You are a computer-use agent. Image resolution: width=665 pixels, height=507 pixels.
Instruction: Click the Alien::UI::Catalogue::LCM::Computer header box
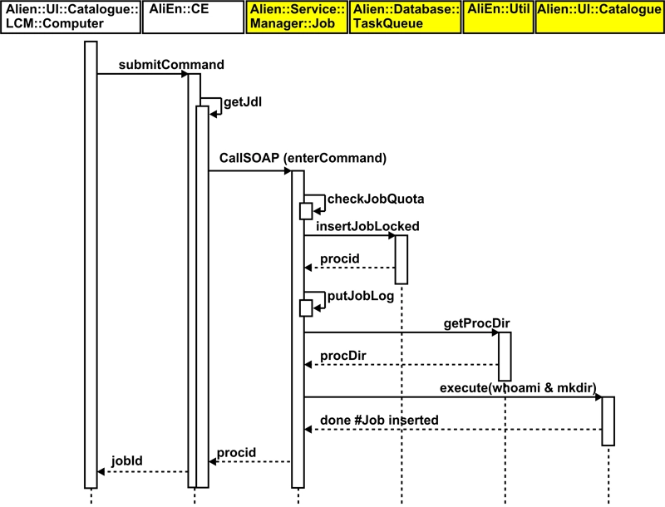tap(70, 17)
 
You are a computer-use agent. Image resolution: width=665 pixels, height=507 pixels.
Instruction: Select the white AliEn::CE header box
tap(193, 17)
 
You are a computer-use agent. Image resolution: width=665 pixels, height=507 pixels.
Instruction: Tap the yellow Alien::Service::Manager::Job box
tap(296, 17)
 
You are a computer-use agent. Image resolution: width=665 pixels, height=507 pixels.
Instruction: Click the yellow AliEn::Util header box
tap(497, 17)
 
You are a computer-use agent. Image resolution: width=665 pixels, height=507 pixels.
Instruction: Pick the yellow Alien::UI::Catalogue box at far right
tap(598, 17)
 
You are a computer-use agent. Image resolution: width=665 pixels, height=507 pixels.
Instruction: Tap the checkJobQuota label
tap(376, 199)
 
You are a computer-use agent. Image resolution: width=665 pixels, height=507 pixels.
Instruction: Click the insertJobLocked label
tap(367, 225)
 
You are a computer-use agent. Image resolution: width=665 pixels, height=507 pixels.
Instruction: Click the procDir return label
tap(343, 355)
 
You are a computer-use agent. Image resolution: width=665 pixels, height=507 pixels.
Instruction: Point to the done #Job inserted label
tap(378, 420)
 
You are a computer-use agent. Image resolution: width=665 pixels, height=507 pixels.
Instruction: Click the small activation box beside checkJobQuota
tap(306, 211)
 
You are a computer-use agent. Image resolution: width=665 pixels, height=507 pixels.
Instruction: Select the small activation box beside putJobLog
tap(306, 308)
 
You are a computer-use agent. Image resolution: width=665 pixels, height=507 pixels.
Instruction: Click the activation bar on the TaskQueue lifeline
tap(401, 259)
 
